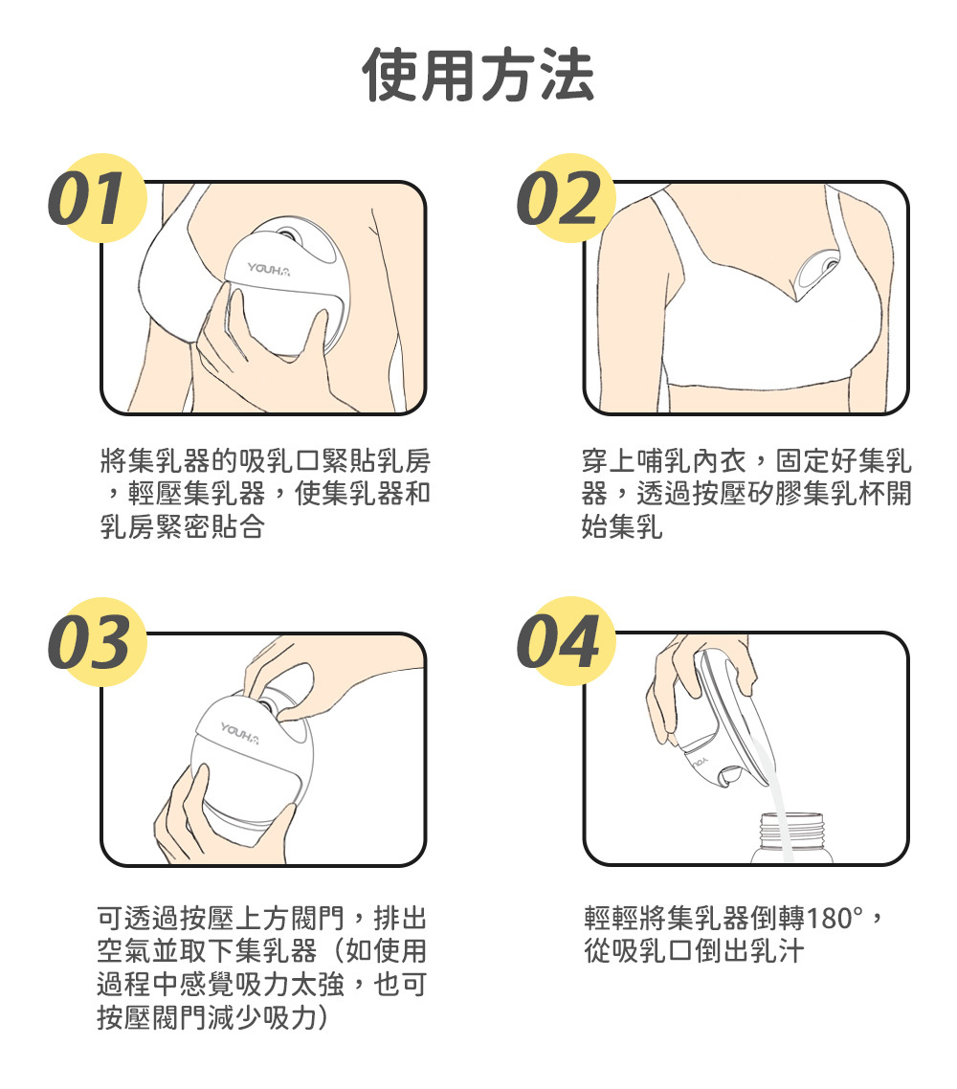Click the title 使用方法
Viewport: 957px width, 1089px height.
478,75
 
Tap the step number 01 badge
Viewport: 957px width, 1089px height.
98,198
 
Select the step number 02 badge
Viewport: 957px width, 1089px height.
567,198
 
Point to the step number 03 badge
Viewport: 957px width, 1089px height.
98,642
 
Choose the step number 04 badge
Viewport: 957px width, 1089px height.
567,642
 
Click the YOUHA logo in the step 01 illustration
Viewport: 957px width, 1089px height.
269,269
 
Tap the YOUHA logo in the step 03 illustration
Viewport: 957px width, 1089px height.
240,732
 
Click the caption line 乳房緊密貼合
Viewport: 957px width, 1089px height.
182,526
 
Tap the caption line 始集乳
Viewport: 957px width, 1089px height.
622,526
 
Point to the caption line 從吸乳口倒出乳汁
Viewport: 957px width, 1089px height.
695,951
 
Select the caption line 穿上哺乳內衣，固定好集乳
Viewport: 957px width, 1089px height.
746,460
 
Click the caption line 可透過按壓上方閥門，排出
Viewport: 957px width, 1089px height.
262,918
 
